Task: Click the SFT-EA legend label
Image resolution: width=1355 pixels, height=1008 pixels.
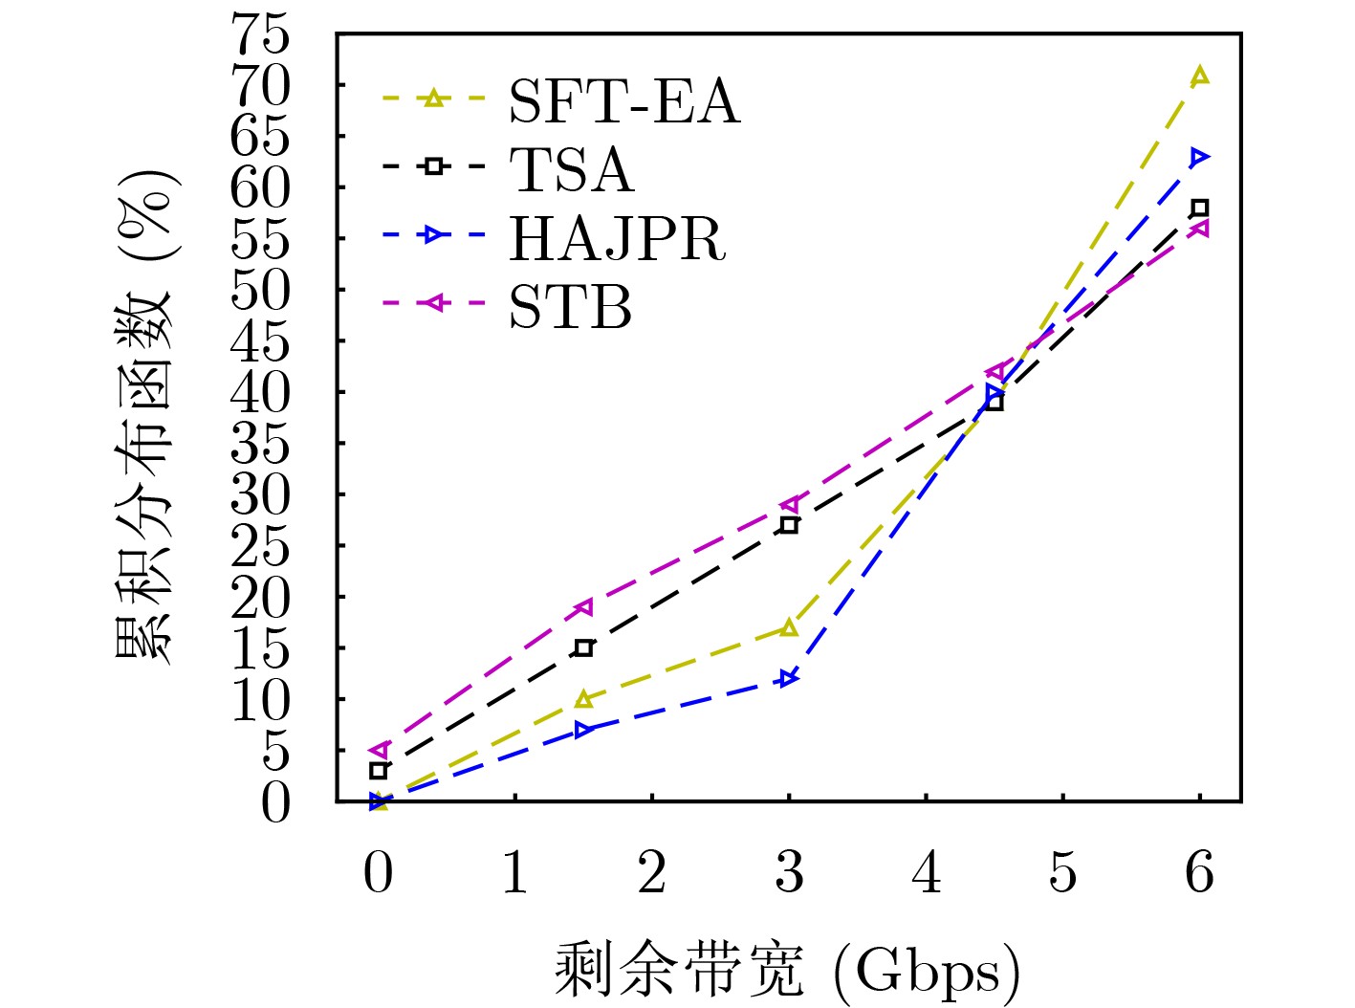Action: pos(623,100)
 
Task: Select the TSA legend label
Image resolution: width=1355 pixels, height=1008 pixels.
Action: pos(571,169)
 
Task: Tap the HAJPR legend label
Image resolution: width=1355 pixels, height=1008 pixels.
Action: pos(617,238)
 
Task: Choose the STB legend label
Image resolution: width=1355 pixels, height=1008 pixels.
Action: pos(570,307)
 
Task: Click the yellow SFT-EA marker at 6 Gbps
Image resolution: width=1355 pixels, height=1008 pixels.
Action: pos(1199,76)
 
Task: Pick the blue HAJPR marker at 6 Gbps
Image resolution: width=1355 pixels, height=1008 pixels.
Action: pos(1199,157)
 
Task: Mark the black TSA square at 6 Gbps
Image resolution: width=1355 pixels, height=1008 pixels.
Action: pos(1199,208)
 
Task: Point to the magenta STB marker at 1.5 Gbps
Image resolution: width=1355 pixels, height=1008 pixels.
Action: pos(583,606)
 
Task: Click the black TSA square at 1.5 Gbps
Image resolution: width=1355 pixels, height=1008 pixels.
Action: pos(583,647)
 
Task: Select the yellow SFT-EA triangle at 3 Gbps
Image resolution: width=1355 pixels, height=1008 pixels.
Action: pos(789,627)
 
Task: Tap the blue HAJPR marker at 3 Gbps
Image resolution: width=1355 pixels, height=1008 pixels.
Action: pos(789,678)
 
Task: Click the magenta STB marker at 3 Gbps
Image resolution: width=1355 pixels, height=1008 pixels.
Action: pos(789,504)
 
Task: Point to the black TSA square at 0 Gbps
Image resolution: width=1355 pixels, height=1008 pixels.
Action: pos(379,770)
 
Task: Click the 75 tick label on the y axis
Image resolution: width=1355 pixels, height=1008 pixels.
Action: pos(262,36)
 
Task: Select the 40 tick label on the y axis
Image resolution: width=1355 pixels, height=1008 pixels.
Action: pos(262,392)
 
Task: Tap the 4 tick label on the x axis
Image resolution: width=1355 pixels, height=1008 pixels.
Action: pos(926,872)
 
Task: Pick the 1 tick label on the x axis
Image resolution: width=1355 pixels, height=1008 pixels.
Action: pos(515,872)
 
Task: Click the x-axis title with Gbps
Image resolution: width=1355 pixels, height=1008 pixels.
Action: pos(788,970)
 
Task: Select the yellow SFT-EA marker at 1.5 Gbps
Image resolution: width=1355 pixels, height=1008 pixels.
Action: pos(583,699)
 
